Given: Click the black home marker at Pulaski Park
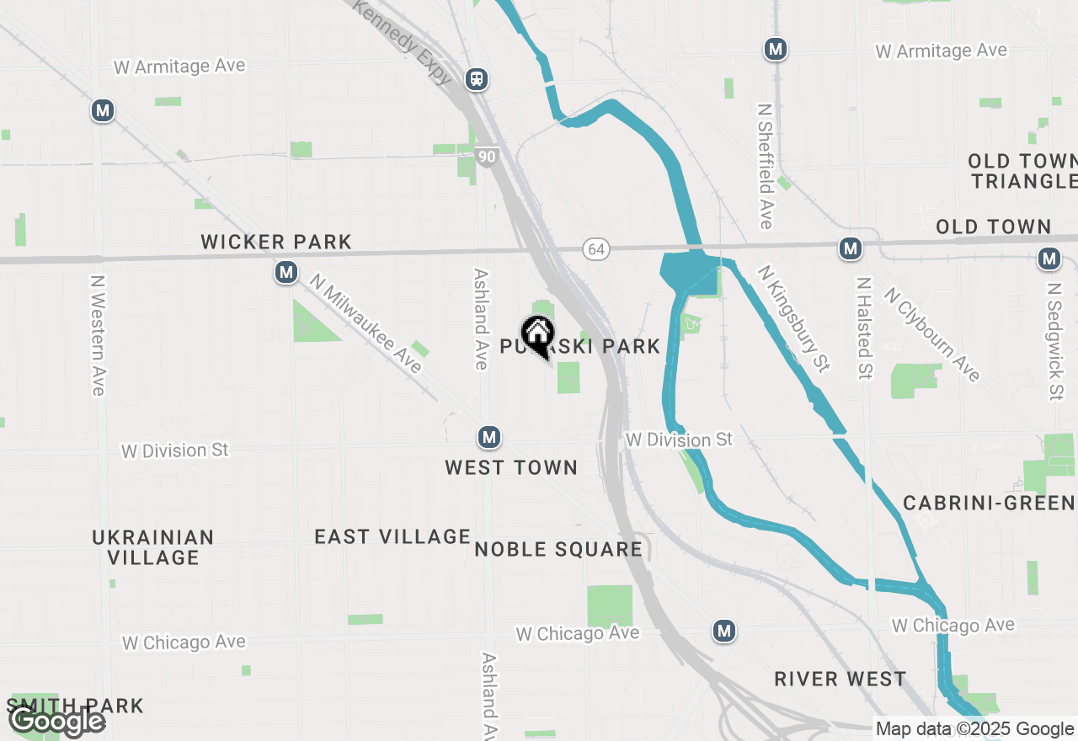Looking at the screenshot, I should (537, 334).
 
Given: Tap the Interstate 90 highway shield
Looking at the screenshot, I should (486, 156).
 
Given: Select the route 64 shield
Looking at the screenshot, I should (595, 249).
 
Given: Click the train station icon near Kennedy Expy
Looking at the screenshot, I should (477, 79).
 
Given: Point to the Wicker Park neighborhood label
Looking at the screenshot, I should (276, 243).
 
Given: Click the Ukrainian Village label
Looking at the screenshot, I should (153, 547).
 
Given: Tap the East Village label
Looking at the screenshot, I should (392, 536).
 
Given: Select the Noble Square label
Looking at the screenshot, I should (558, 550).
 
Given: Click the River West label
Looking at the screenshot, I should (841, 679).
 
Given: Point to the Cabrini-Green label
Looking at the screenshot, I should (989, 504).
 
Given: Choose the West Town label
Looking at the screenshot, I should (511, 468).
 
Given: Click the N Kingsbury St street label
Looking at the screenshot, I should (793, 318).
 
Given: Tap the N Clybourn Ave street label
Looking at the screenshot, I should (932, 333).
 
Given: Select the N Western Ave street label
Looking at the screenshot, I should (99, 335).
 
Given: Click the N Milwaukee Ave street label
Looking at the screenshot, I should (365, 323).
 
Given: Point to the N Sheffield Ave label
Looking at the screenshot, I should (765, 167).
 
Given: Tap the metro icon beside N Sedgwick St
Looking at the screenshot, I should (1049, 259).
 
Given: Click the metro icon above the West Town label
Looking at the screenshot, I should (489, 437).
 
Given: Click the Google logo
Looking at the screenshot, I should (56, 722).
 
